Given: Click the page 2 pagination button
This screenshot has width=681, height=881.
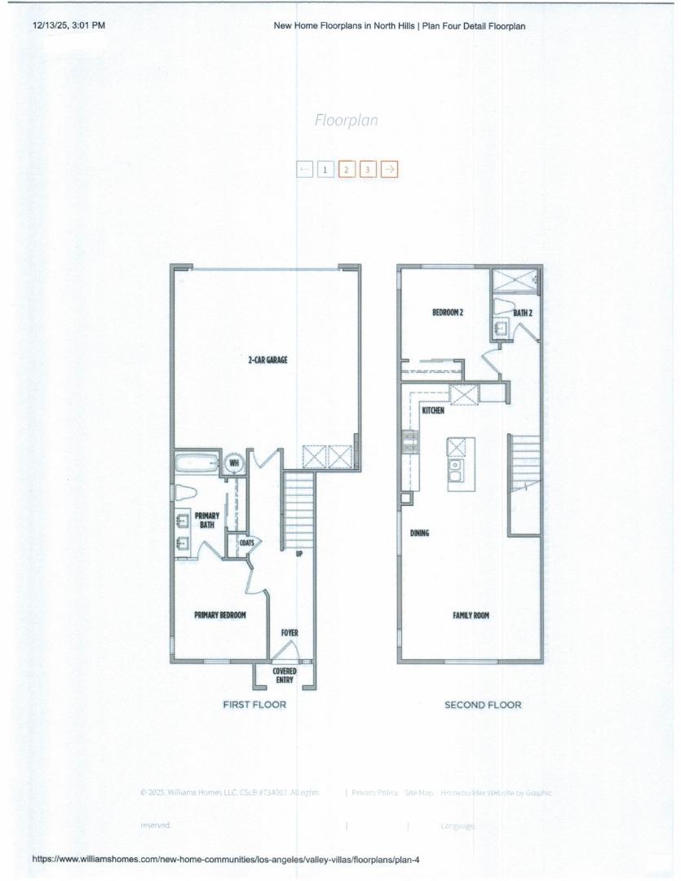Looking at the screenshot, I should coord(346,169).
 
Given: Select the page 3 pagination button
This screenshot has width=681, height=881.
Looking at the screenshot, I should coord(368,169).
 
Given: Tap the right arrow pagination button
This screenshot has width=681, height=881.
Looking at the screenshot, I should coord(390,169).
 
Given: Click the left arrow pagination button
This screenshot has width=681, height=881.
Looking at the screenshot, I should coord(304,169).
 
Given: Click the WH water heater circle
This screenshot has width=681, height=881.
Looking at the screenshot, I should coord(234,463).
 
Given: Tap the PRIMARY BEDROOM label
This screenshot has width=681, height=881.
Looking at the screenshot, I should coord(219,615).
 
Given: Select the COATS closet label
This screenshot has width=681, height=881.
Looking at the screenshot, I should coord(246,542).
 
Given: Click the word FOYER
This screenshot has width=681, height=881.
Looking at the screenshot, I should coord(290,633).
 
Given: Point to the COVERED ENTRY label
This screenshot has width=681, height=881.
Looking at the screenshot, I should coord(285,675).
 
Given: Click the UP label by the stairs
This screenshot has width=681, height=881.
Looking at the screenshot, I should coord(299,554).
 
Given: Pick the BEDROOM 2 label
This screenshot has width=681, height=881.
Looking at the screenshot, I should coord(448,312).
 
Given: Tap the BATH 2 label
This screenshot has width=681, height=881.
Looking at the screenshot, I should coord(523,312).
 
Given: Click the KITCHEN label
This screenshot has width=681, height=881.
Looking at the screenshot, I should coord(433,410).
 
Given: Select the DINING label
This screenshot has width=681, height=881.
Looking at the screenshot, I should coord(419,533).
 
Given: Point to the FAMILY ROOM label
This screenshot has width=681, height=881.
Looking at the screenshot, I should coord(471,615).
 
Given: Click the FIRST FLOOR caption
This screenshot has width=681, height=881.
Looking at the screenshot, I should coord(254,705).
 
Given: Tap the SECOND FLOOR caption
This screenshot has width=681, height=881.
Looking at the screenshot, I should coord(483,705).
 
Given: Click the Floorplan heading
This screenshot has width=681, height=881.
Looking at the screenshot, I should coord(346,121).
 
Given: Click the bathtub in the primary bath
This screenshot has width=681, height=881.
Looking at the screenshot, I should coord(197,463).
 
